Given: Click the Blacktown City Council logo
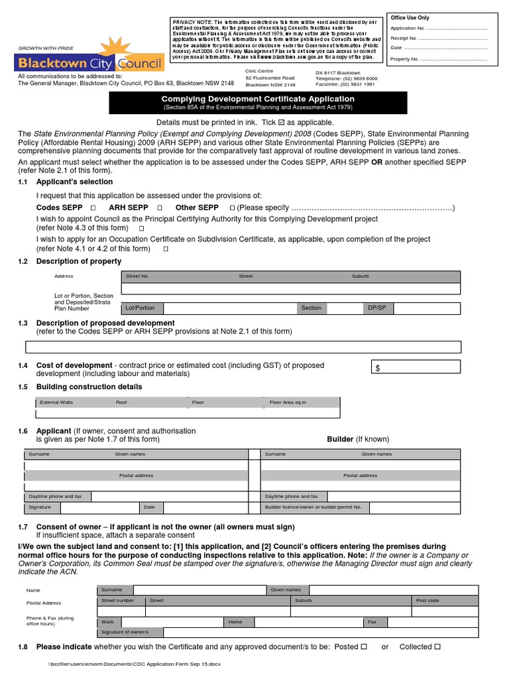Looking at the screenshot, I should (x=89, y=58).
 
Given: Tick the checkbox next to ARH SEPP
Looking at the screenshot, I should (x=160, y=208).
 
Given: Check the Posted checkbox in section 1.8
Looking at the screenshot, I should (x=364, y=647).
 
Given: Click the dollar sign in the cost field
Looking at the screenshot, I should (x=378, y=369).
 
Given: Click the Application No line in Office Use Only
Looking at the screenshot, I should (x=438, y=29).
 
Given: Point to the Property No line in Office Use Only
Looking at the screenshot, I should (x=438, y=60).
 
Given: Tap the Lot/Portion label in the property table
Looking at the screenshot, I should (x=140, y=308).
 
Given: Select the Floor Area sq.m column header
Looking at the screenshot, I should (x=288, y=402).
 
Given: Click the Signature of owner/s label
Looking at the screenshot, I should (x=125, y=633).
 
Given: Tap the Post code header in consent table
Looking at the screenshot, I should (x=427, y=600).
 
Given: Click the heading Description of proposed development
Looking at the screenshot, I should (x=105, y=323).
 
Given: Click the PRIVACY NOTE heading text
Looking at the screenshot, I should (x=193, y=22).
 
